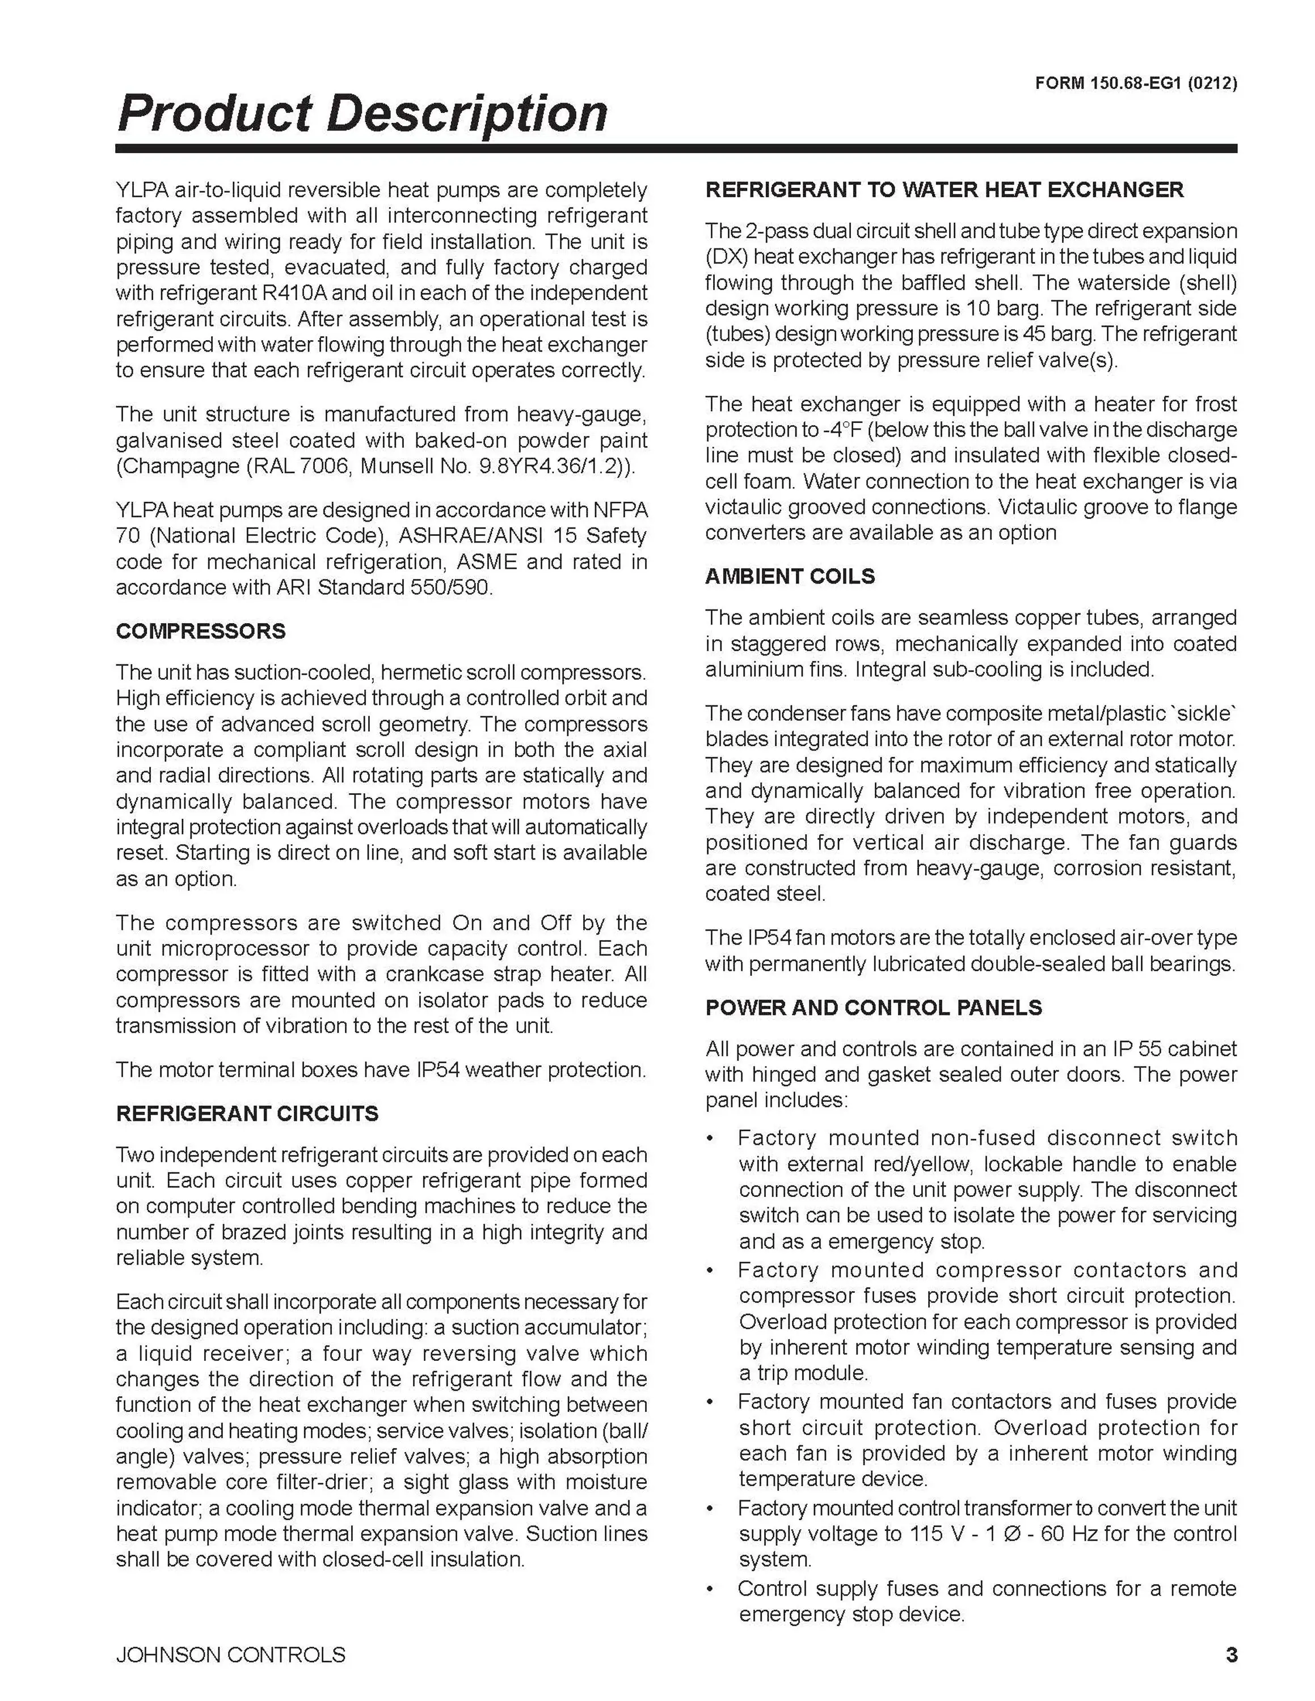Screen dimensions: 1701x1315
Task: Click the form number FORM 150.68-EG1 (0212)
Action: [x=1135, y=84]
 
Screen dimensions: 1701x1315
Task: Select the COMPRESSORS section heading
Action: [x=200, y=631]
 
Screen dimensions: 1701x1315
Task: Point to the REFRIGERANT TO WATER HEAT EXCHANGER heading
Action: [x=944, y=190]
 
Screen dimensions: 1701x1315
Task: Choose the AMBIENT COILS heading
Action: [x=789, y=576]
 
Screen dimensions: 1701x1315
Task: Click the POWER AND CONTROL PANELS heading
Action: [x=873, y=1008]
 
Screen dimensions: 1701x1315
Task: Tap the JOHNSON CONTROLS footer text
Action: [x=230, y=1655]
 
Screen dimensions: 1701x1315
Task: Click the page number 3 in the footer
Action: [x=1231, y=1655]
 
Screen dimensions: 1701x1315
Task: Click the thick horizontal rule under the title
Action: [x=676, y=149]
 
